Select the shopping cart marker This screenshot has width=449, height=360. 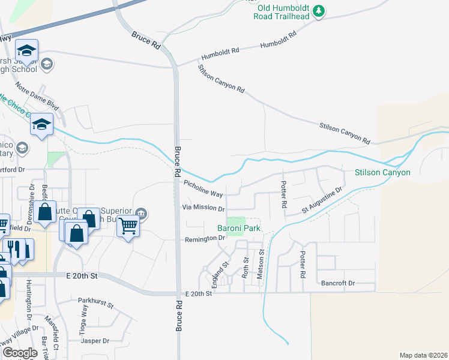[128, 226]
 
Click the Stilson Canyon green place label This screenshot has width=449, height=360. [382, 173]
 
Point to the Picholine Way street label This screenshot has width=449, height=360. [203, 190]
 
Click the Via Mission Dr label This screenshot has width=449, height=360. [203, 208]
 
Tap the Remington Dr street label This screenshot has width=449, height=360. [203, 238]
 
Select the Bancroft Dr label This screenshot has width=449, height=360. [338, 283]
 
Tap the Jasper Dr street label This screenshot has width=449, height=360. [95, 341]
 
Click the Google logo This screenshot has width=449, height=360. [20, 353]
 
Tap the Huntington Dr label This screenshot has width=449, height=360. [28, 302]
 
